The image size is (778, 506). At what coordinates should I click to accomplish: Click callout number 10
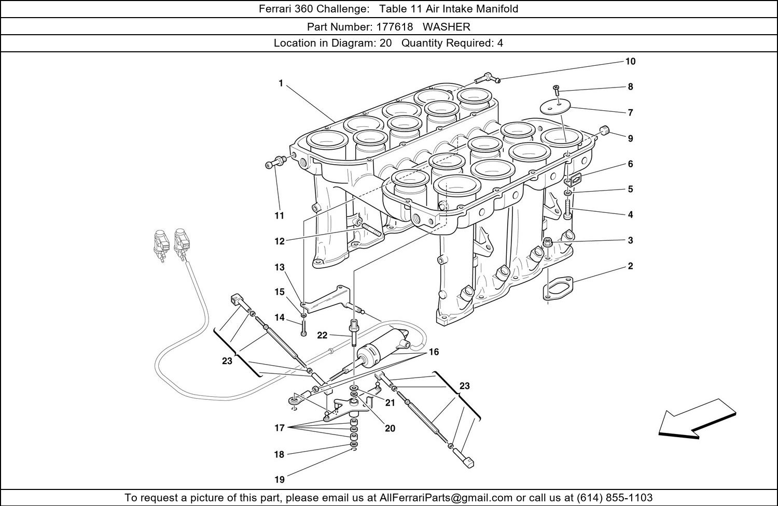click(630, 62)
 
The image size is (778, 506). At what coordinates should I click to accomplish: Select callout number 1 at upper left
click(281, 83)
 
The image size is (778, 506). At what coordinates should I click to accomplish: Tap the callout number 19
click(280, 480)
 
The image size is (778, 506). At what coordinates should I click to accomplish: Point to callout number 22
click(322, 335)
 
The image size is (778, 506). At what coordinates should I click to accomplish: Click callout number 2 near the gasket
click(630, 266)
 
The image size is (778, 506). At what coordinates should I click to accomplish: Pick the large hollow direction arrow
click(697, 420)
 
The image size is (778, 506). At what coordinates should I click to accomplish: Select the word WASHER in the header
click(446, 27)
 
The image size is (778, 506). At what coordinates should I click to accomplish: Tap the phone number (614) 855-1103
click(615, 498)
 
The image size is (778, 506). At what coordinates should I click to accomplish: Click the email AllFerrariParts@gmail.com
click(446, 498)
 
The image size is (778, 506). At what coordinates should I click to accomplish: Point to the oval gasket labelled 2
click(558, 287)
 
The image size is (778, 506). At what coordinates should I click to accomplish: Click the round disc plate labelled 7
click(555, 107)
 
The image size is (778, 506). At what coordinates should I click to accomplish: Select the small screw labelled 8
click(556, 90)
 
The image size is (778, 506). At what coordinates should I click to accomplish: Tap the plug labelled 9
click(604, 131)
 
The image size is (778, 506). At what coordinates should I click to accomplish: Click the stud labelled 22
click(354, 333)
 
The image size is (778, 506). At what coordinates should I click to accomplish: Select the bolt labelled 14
click(304, 328)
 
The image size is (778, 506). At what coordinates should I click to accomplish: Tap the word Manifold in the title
click(497, 9)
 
